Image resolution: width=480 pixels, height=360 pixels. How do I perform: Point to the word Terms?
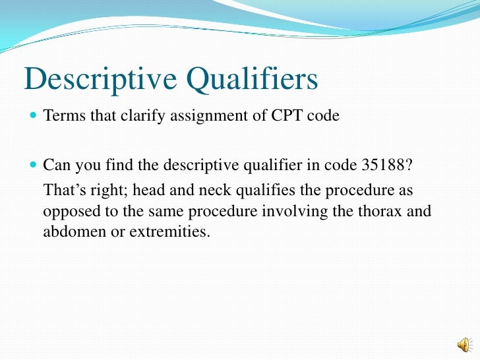(x=59, y=117)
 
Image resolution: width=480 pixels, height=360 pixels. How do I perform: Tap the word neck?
(x=202, y=191)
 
